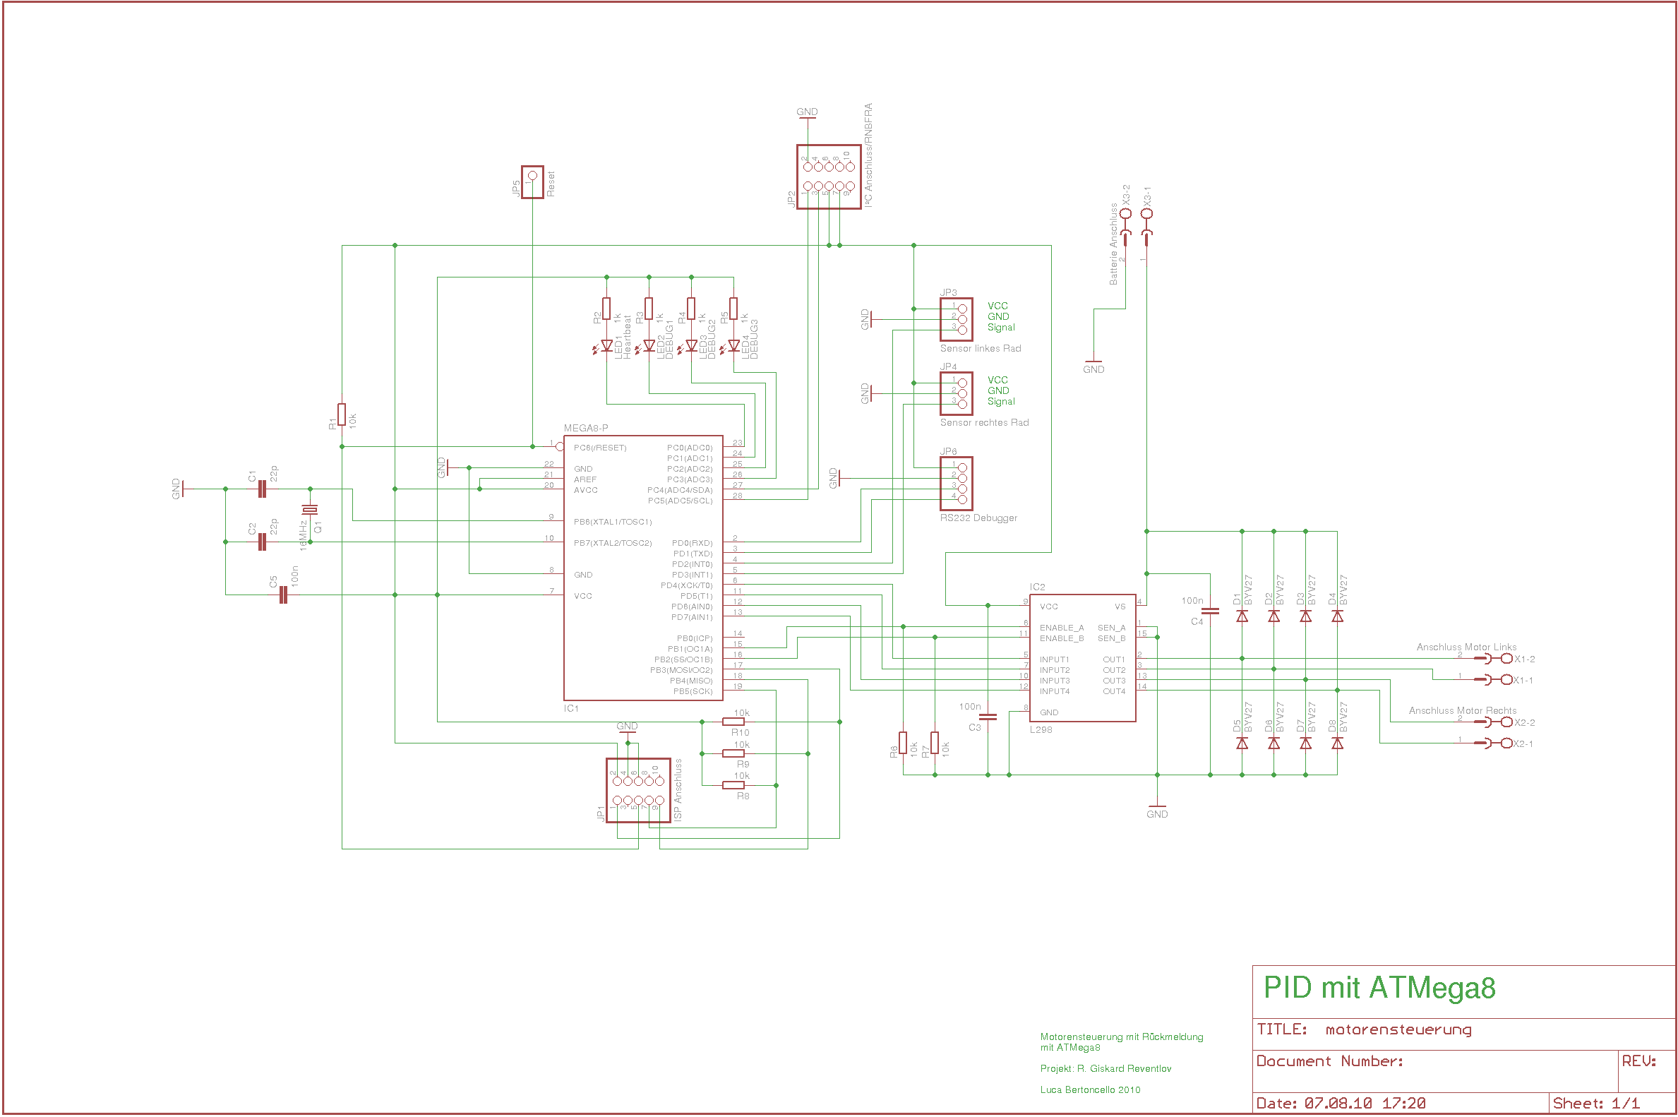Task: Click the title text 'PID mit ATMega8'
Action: pyautogui.click(x=1379, y=988)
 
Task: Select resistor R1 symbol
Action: pyautogui.click(x=342, y=414)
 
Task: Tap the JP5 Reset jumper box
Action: pyautogui.click(x=532, y=182)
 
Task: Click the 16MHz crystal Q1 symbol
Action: pyautogui.click(x=310, y=509)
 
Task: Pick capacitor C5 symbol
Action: pyautogui.click(x=284, y=595)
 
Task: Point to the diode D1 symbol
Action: pyautogui.click(x=1242, y=616)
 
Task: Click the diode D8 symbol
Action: pyautogui.click(x=1337, y=743)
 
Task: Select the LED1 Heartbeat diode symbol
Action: pyautogui.click(x=606, y=346)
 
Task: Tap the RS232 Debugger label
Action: pyautogui.click(x=978, y=518)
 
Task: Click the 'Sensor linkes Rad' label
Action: pyautogui.click(x=980, y=348)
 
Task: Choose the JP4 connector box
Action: pyautogui.click(x=956, y=393)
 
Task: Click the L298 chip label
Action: pyautogui.click(x=1041, y=729)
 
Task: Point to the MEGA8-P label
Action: pyautogui.click(x=585, y=428)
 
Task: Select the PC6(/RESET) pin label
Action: pyautogui.click(x=600, y=448)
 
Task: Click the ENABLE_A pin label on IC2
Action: pyautogui.click(x=1061, y=628)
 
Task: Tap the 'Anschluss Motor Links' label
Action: pyautogui.click(x=1466, y=647)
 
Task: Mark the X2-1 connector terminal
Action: pyautogui.click(x=1506, y=743)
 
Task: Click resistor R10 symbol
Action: pyautogui.click(x=733, y=722)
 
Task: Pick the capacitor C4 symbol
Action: pyautogui.click(x=1210, y=611)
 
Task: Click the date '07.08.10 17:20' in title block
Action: pyautogui.click(x=1365, y=1104)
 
